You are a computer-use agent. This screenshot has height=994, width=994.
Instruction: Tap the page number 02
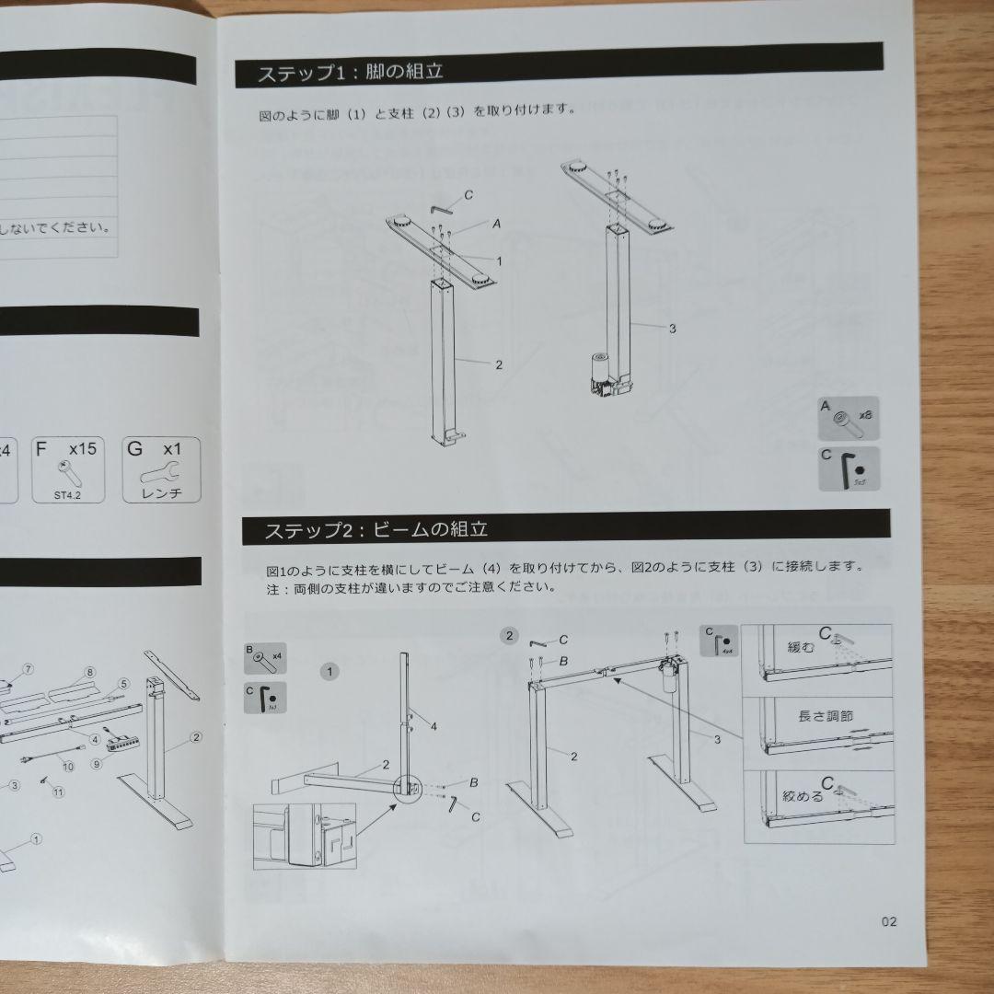pos(888,921)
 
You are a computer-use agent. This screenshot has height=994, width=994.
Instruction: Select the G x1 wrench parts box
pos(162,468)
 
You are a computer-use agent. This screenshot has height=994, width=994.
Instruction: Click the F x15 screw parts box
pos(70,468)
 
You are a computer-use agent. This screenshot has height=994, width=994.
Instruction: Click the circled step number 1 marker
pos(330,671)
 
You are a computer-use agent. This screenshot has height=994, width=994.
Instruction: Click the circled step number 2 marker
pos(507,634)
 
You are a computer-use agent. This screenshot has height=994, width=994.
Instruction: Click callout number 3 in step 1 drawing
pos(674,329)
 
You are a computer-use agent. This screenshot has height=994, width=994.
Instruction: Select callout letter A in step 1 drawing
pos(497,224)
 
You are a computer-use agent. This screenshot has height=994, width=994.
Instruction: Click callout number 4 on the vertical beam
pos(433,726)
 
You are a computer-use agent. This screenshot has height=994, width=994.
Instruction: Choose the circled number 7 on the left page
pos(28,668)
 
